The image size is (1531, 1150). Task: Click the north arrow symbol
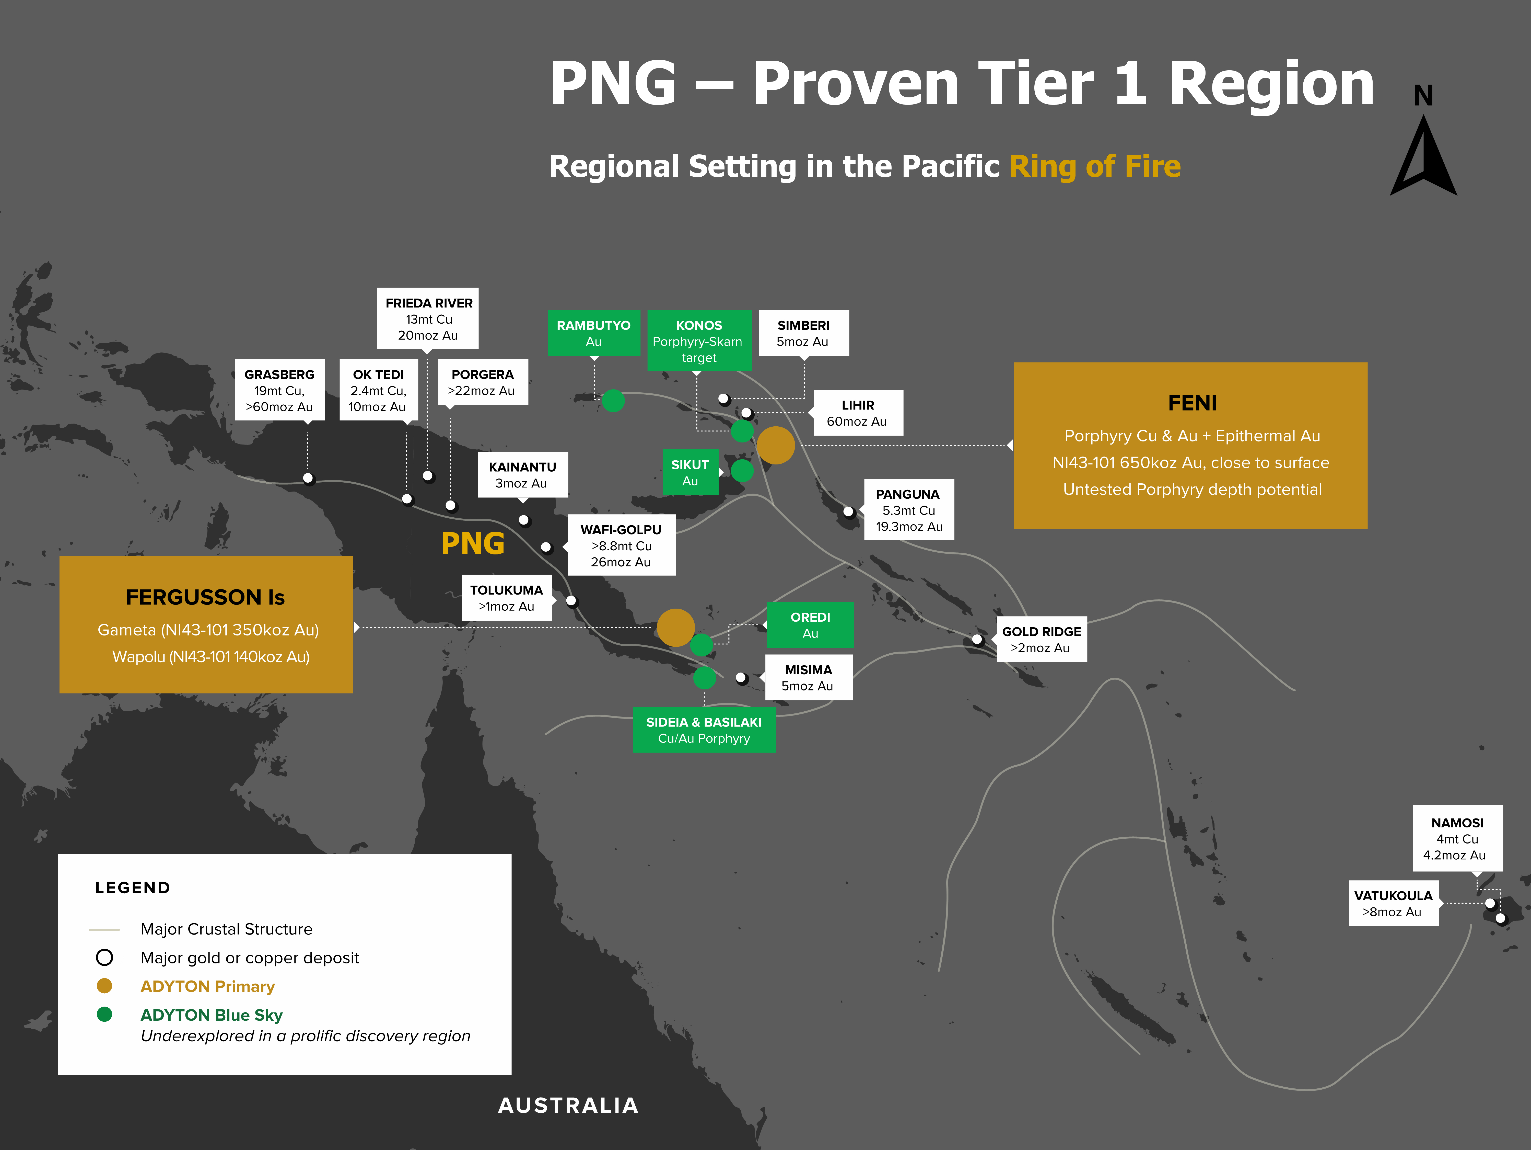tap(1423, 156)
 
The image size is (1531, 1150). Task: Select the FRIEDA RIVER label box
tap(428, 318)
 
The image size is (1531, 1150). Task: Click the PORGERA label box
tap(482, 382)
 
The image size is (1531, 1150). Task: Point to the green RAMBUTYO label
tap(594, 333)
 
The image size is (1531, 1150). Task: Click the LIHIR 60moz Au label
tap(858, 413)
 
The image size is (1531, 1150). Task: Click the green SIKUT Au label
tap(690, 472)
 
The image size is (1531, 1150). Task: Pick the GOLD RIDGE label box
tap(1041, 639)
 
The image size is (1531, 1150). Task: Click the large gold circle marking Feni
tap(775, 445)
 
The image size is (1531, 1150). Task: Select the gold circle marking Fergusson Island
tap(675, 627)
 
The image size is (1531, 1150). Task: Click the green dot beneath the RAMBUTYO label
tap(613, 400)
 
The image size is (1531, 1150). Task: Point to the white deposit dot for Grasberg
tap(308, 478)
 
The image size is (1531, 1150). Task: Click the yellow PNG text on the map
tap(473, 543)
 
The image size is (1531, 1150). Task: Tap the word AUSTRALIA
tap(568, 1105)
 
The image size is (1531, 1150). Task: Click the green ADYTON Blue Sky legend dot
tap(104, 1014)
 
